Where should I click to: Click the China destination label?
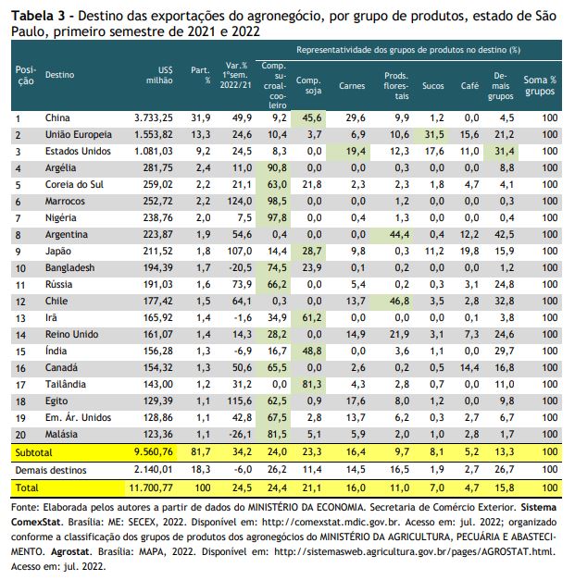[x=57, y=118]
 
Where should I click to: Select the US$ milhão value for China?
[x=154, y=118]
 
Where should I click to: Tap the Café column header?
[x=469, y=86]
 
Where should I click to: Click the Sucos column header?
[x=432, y=86]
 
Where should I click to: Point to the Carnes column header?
[x=352, y=86]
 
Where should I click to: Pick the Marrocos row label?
[x=65, y=202]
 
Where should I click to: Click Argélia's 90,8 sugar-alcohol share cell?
[x=277, y=168]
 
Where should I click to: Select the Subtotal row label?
[x=33, y=452]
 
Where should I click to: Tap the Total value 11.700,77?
[x=151, y=487]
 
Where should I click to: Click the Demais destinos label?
[x=51, y=470]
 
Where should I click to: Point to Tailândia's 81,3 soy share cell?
[x=312, y=384]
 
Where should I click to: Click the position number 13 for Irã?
[x=20, y=318]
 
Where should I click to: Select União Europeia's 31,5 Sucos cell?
[x=434, y=135]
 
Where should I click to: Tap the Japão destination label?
[x=58, y=252]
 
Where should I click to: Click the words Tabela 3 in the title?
[x=38, y=16]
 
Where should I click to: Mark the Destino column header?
[x=59, y=75]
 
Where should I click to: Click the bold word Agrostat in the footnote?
[x=70, y=552]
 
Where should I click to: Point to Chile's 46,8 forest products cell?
[x=399, y=301]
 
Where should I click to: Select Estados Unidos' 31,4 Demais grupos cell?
[x=505, y=152]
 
